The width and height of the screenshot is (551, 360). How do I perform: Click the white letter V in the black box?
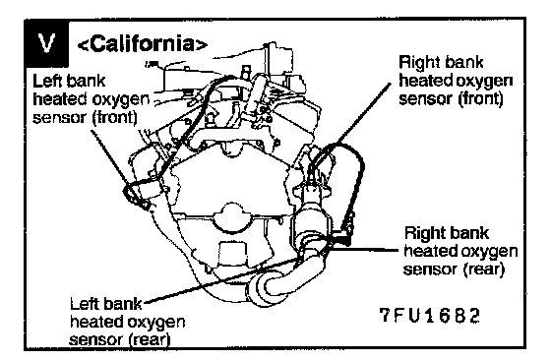[47, 43]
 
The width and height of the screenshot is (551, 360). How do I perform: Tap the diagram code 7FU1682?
[430, 316]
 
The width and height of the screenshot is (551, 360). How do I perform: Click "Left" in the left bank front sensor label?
[46, 81]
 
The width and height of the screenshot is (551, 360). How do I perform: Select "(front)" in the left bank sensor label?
[114, 117]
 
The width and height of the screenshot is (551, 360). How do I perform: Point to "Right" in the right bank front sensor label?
[418, 62]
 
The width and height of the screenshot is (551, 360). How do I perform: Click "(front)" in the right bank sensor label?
[481, 98]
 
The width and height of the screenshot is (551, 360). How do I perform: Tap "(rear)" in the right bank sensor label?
[483, 270]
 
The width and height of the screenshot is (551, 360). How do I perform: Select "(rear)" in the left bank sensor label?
[150, 339]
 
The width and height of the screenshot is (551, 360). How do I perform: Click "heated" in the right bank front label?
[424, 81]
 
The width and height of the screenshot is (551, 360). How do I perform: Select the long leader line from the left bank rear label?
[222, 280]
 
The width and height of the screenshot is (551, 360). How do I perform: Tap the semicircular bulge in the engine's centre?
[231, 217]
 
